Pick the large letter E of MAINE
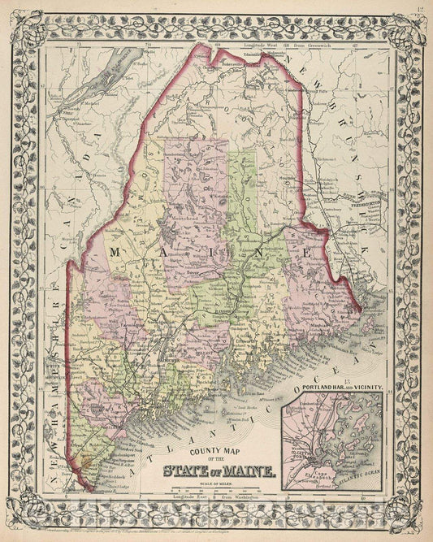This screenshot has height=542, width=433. point(309,254)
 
